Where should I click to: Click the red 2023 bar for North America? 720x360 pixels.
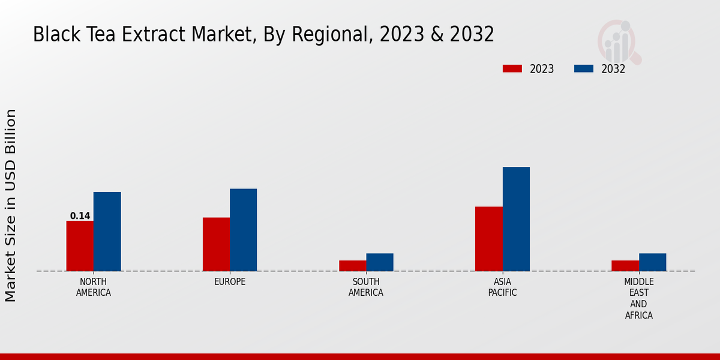click(x=80, y=246)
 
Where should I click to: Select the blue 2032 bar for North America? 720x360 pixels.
click(x=107, y=232)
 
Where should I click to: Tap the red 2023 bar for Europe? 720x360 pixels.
click(x=216, y=244)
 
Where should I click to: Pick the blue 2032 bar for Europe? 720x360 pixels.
click(x=243, y=230)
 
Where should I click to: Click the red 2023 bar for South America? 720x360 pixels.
click(x=352, y=266)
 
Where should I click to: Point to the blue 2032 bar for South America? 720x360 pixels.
click(x=380, y=262)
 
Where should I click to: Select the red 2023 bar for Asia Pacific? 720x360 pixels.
click(x=488, y=239)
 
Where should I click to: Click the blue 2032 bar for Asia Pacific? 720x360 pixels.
click(x=516, y=219)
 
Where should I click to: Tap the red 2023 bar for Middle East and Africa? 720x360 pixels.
click(x=625, y=266)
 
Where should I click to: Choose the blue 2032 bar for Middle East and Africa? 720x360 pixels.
click(x=652, y=262)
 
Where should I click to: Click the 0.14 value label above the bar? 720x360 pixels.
click(x=80, y=216)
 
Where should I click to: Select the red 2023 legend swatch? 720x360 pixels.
click(x=512, y=68)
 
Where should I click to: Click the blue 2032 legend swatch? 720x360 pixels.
click(x=583, y=68)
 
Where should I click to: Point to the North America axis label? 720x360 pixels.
click(x=94, y=287)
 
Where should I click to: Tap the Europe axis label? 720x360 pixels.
click(x=230, y=282)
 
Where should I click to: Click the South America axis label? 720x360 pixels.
click(x=366, y=287)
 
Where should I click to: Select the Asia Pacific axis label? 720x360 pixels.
click(x=502, y=287)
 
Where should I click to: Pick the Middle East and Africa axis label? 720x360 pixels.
click(x=638, y=298)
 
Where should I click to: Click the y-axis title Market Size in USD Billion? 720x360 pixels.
click(x=11, y=205)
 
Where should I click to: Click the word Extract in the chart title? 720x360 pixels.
click(x=155, y=35)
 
